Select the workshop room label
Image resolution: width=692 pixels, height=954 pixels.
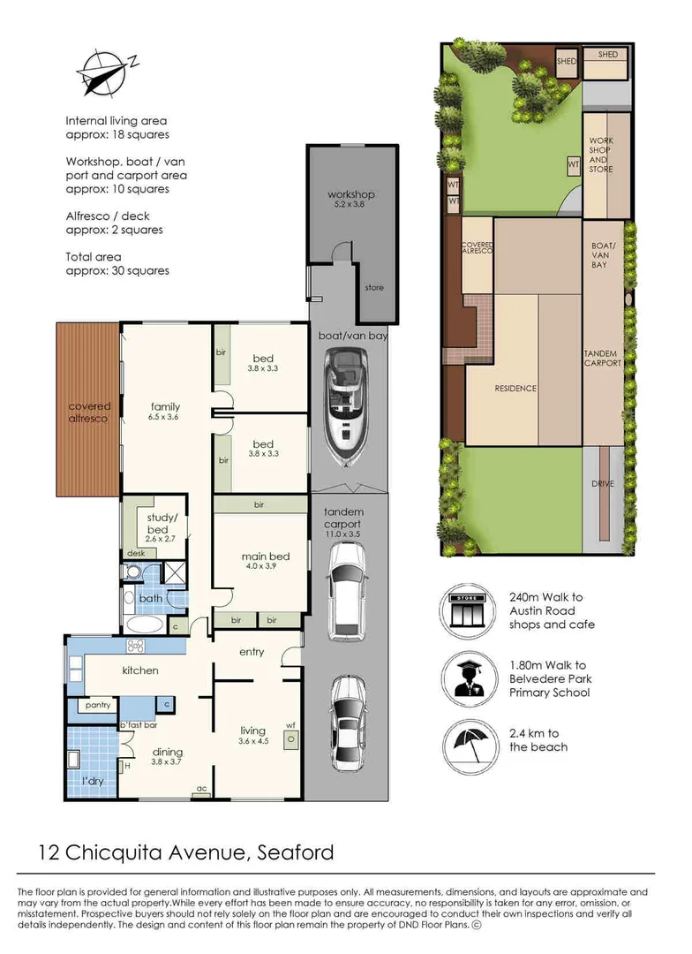point(350,194)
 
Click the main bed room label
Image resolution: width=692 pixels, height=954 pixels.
point(266,556)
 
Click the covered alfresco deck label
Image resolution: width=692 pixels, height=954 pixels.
point(89,413)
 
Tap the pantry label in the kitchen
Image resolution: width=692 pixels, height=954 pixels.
point(98,705)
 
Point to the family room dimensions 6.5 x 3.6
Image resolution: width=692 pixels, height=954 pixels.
point(165,417)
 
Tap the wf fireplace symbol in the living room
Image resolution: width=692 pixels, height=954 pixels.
point(290,738)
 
